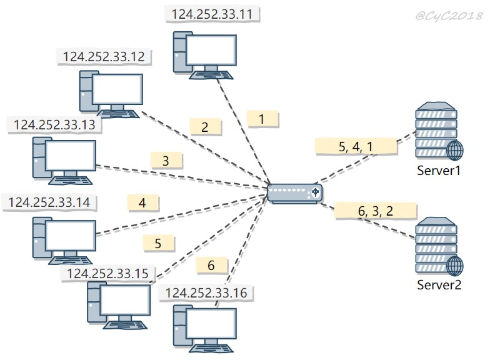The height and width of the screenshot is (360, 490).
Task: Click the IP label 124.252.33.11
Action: [212, 14]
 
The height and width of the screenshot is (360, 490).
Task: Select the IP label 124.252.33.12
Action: [104, 56]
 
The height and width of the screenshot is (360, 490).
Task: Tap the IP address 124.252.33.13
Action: [55, 125]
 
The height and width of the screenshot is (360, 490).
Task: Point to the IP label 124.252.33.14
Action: [49, 202]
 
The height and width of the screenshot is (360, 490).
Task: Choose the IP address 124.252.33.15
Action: [107, 274]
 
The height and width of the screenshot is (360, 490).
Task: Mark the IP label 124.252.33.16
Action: [206, 292]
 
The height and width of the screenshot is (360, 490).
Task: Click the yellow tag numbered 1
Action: [262, 119]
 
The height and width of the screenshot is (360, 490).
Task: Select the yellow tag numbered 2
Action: [205, 127]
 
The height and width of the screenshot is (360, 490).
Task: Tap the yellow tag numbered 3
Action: [166, 161]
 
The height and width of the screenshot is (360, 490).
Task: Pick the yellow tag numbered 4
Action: [142, 203]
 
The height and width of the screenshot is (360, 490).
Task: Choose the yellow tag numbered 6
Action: [211, 265]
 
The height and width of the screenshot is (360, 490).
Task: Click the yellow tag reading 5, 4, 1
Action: [356, 146]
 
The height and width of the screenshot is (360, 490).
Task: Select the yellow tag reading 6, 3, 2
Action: [376, 211]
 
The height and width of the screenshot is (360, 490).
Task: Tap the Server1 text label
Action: [439, 171]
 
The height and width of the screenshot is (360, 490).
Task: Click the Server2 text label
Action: [439, 285]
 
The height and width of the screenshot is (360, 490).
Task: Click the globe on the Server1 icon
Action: [455, 151]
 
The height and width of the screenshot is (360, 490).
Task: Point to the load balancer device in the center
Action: [295, 194]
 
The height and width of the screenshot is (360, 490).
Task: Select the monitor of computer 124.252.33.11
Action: [211, 51]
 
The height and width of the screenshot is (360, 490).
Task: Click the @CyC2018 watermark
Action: [449, 16]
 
